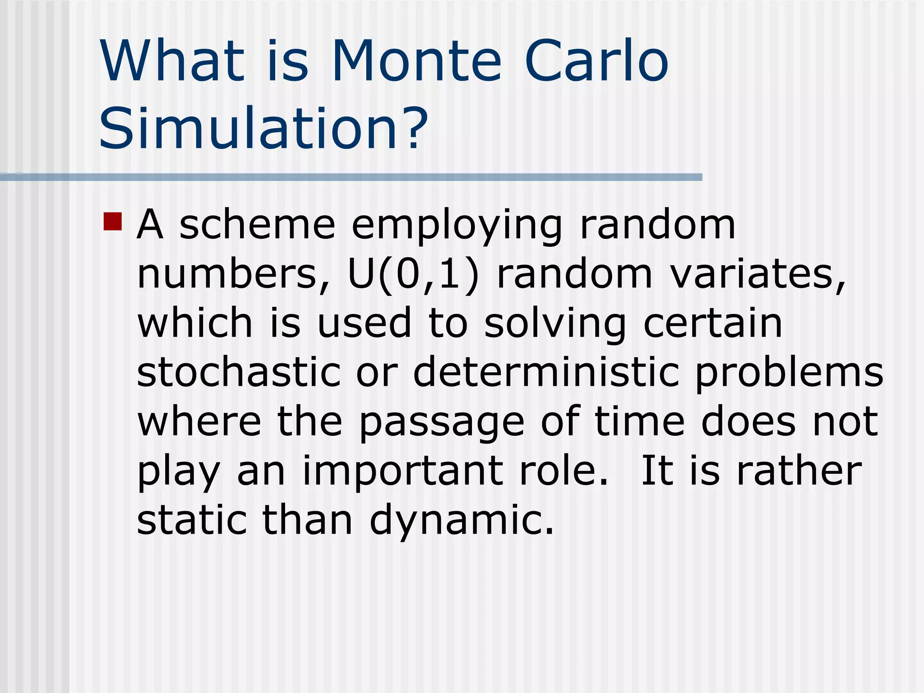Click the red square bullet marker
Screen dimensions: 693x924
[x=112, y=222]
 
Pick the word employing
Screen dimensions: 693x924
[x=457, y=226]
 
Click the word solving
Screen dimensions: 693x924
[x=555, y=324]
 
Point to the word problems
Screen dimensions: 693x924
[x=789, y=374]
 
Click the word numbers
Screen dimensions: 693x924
[x=233, y=275]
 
